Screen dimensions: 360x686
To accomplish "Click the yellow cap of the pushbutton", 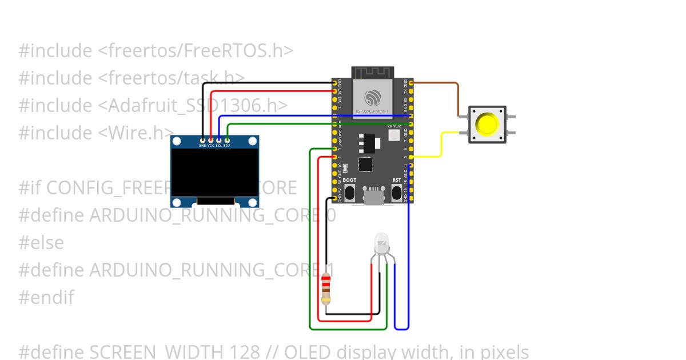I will click(487, 124).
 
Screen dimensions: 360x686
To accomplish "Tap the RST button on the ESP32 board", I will click(396, 193).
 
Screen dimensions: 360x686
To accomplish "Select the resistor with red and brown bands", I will click(326, 289).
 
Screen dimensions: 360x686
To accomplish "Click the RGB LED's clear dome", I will click(382, 244).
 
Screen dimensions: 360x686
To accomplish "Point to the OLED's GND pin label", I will click(202, 146).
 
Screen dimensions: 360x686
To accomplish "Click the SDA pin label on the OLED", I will click(227, 146).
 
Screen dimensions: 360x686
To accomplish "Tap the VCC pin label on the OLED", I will click(210, 146).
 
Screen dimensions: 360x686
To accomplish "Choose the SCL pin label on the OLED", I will click(218, 146).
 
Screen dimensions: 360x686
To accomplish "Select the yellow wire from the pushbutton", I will click(441, 146).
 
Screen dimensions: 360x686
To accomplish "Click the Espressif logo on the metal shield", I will click(372, 96).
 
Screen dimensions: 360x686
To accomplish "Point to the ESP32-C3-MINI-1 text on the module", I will click(372, 111).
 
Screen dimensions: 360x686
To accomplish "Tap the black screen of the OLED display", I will click(215, 172).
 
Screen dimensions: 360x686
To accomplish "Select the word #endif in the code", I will click(46, 297).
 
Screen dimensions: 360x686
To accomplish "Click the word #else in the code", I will click(41, 242).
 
